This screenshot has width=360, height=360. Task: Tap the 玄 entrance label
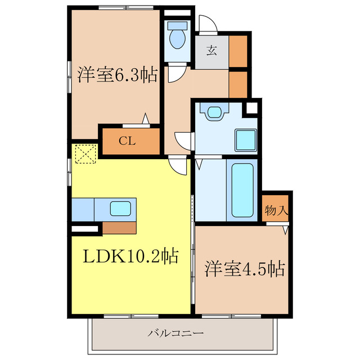coord(212,51)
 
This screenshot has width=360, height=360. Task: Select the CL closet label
coord(128,141)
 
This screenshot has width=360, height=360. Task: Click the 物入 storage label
coord(276,211)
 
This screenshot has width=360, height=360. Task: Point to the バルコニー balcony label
coord(175,333)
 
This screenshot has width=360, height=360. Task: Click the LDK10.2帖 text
coord(131,256)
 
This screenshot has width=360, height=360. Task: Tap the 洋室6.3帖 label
coord(117,75)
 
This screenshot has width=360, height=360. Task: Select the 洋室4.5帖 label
coord(244,268)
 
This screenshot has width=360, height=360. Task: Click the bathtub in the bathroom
coord(244,190)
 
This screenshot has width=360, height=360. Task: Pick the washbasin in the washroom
coord(214,112)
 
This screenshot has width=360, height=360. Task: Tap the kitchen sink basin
coord(120,209)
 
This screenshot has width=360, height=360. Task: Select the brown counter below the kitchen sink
coord(119,227)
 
